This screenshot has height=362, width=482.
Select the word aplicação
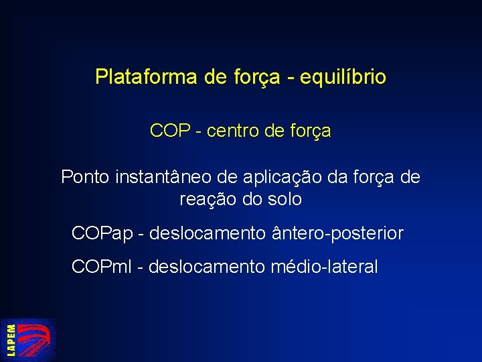pyautogui.click(x=277, y=178)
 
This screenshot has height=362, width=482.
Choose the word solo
pyautogui.click(x=285, y=199)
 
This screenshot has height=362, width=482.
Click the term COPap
pyautogui.click(x=102, y=234)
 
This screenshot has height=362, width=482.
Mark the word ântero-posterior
pyautogui.click(x=338, y=233)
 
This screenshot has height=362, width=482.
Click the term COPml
pyautogui.click(x=100, y=267)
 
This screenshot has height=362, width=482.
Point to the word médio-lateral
pyautogui.click(x=325, y=267)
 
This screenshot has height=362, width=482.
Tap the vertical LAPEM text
pyautogui.click(x=11, y=340)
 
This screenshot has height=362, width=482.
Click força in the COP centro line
pyautogui.click(x=312, y=131)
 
